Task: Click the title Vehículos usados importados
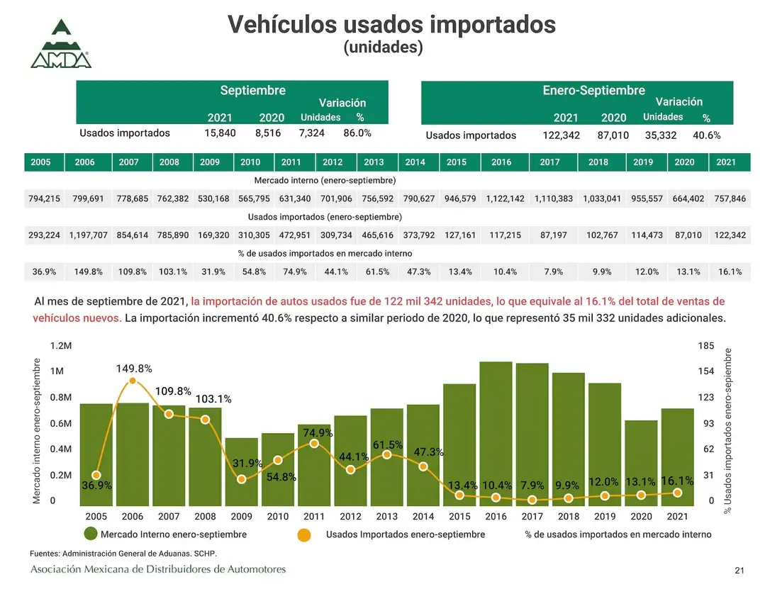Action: (391, 24)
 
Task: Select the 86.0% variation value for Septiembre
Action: (357, 133)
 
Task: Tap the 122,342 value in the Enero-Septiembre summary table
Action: (561, 135)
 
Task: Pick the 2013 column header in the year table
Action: (374, 162)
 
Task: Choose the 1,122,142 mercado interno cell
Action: (506, 198)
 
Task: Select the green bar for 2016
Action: (496, 432)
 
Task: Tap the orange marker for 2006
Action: (133, 381)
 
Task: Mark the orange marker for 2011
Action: (314, 444)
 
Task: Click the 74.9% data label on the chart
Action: (318, 432)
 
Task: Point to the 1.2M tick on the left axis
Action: (61, 346)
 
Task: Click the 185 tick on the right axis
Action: (706, 346)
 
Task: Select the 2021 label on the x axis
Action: (678, 517)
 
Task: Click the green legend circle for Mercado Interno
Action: (91, 534)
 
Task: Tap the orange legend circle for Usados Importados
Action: (303, 534)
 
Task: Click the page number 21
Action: (739, 571)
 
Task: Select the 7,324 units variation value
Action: (311, 133)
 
